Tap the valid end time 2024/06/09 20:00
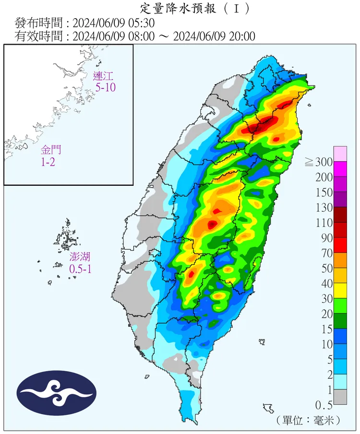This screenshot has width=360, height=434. pos(215,36)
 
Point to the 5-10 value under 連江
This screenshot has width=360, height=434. pos(105,87)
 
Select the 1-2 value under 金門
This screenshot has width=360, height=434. pos(48,162)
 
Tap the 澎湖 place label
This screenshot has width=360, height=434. pos(80,258)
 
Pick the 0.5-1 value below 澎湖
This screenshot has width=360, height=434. pos(80,269)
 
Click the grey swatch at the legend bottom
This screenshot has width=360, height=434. pos(340,397)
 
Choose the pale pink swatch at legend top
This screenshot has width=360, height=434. pos(340,154)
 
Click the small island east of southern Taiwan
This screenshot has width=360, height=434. pos(262,342)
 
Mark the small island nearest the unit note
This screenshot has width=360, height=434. pos(268,409)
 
